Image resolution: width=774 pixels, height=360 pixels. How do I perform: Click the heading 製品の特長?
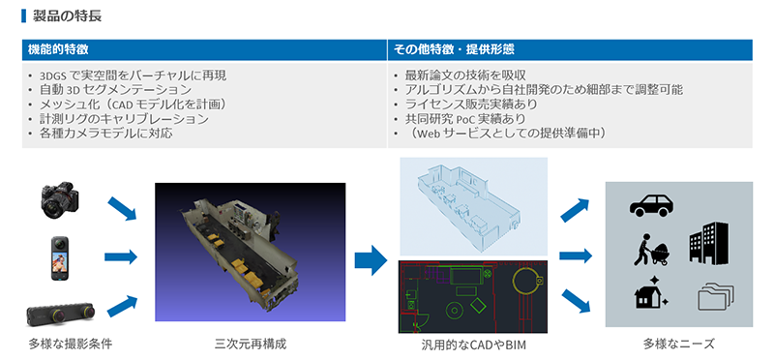(67, 15)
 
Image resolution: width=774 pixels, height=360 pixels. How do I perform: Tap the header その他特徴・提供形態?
(453, 50)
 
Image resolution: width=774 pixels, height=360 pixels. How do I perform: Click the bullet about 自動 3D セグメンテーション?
(115, 90)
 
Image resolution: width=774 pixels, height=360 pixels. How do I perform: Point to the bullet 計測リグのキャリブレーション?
(124, 119)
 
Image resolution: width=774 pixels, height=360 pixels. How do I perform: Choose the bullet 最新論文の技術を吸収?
(465, 75)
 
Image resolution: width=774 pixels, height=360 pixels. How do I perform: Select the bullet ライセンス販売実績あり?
(471, 105)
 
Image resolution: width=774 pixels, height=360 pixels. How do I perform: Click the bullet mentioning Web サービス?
(505, 134)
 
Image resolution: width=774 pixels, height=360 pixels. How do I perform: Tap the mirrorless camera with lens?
(60, 200)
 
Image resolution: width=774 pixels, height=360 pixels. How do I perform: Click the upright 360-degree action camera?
(60, 258)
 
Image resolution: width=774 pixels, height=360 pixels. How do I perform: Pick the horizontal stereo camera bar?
(60, 314)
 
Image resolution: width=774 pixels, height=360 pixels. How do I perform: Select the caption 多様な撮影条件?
(70, 345)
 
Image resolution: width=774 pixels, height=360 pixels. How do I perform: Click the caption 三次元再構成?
(251, 345)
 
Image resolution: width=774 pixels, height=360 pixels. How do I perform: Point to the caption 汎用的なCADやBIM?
(470, 345)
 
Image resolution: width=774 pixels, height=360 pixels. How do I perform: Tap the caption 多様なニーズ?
(679, 345)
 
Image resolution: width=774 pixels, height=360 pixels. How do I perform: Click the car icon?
(651, 205)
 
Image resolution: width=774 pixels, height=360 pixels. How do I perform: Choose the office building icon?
(709, 243)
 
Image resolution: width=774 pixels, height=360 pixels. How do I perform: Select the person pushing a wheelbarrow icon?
(651, 250)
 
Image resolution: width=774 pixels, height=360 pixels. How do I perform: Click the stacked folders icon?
(716, 297)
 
